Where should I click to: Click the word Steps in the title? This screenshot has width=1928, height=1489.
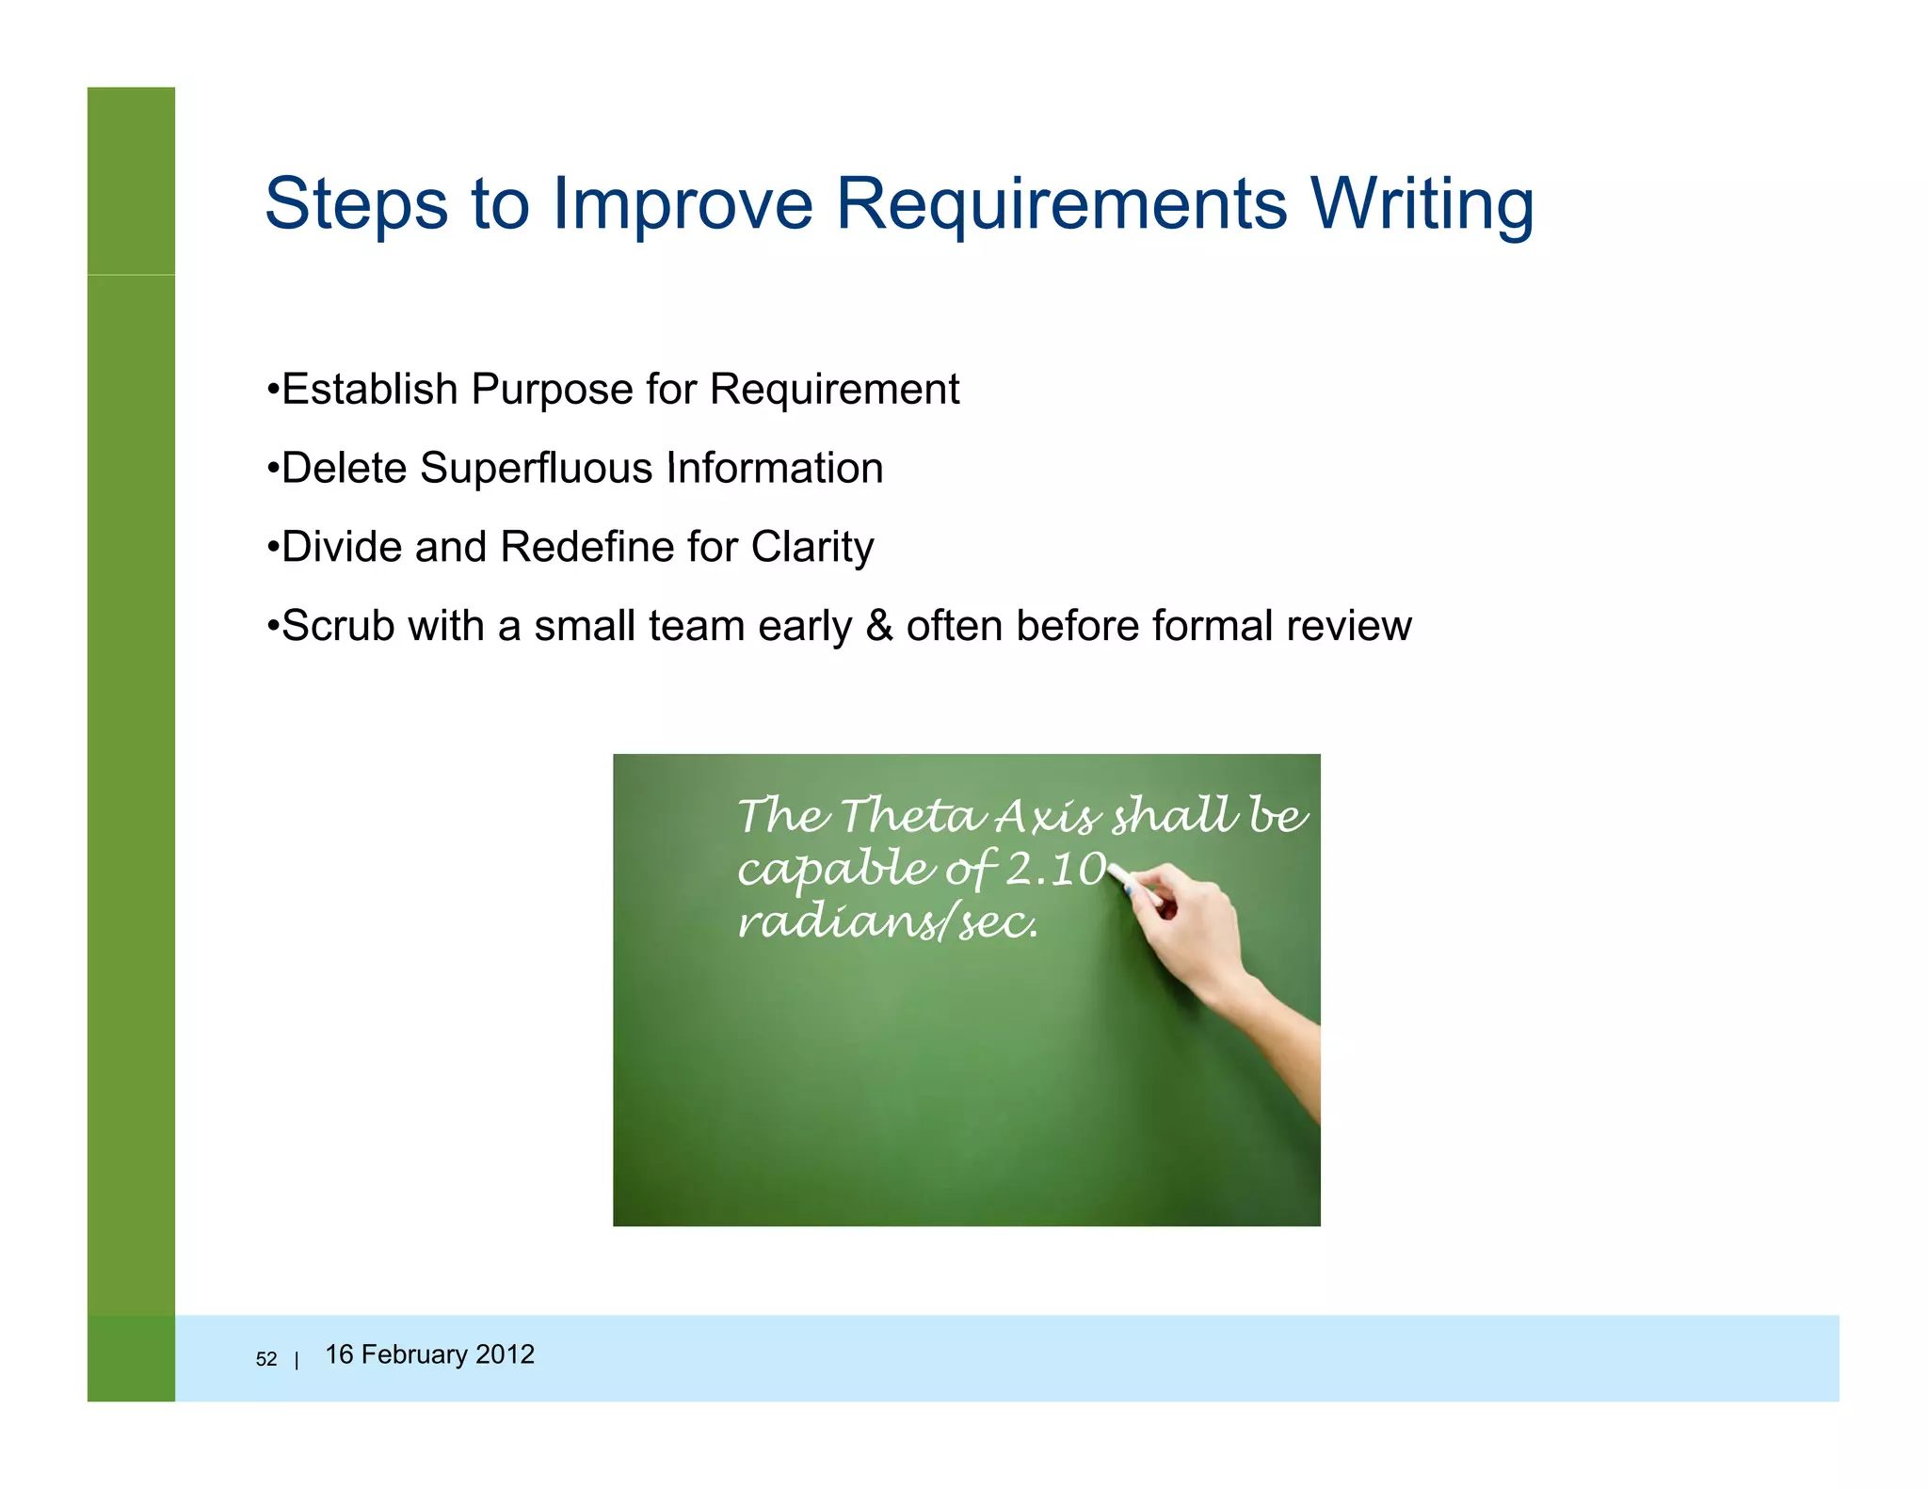click(356, 204)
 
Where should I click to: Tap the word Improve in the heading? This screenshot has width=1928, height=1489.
click(683, 204)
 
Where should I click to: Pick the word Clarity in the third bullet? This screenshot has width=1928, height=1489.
click(812, 548)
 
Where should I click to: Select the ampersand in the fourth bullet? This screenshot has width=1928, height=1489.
click(879, 626)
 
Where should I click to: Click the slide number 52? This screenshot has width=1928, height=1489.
click(266, 1359)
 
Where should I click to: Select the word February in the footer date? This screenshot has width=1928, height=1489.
click(414, 1354)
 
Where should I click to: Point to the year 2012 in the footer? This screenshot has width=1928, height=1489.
click(505, 1354)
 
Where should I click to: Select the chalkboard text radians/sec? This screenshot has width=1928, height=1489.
click(887, 922)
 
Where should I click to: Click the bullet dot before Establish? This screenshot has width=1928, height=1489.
click(272, 390)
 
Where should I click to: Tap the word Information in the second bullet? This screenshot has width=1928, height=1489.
click(775, 469)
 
